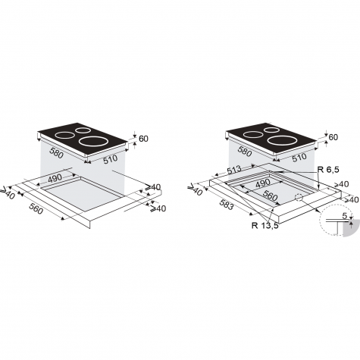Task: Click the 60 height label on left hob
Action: click(143, 139)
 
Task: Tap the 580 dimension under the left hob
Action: click(56, 153)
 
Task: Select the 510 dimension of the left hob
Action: click(111, 159)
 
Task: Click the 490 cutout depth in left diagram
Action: click(55, 178)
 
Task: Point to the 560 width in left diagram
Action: click(36, 208)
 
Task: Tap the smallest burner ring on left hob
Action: click(83, 130)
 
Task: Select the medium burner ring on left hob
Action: click(65, 136)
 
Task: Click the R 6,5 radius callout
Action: click(328, 170)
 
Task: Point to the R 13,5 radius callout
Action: click(265, 225)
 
